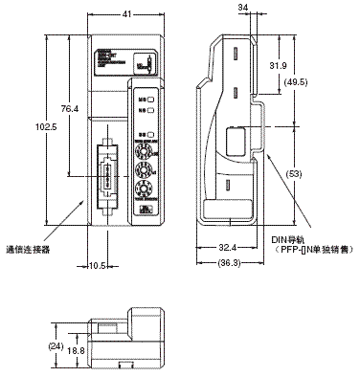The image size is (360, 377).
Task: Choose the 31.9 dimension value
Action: click(x=275, y=65)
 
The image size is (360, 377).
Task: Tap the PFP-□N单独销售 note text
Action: click(x=305, y=251)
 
